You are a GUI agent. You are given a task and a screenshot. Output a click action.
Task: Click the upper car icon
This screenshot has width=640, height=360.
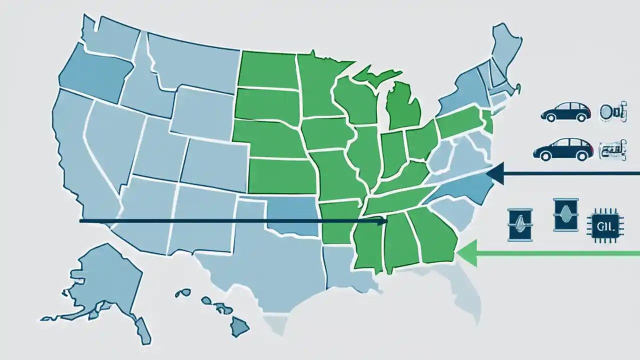(x=565, y=112)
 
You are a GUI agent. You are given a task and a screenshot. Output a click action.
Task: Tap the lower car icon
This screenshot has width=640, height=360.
(x=562, y=149)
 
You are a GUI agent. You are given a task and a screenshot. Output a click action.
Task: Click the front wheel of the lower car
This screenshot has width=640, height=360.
(x=581, y=155)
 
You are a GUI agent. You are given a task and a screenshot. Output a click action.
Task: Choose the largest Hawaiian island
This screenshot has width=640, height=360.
(x=240, y=327)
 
